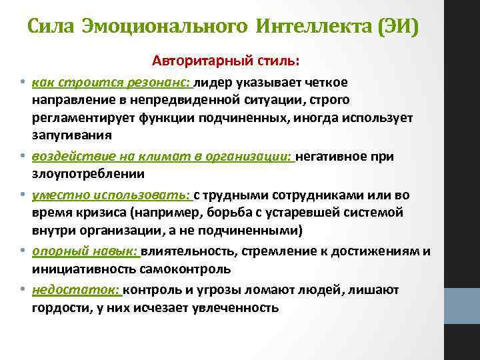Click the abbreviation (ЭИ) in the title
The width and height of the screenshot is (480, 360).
(397, 27)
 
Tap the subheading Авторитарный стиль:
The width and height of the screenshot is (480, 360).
(226, 61)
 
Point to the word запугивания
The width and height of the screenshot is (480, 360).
(71, 133)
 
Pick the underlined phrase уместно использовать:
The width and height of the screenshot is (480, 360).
(111, 195)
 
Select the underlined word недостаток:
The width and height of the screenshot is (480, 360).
(75, 290)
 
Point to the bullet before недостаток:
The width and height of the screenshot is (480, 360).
(21, 290)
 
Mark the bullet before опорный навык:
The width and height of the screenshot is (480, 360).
(21, 251)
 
